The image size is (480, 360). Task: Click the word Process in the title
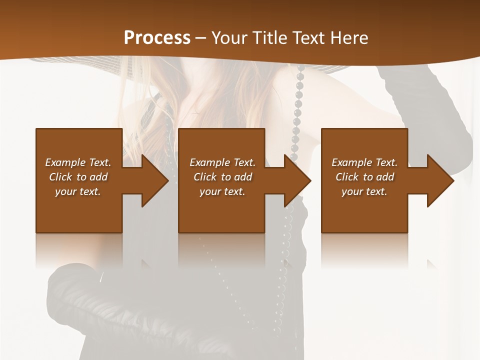[x=157, y=37]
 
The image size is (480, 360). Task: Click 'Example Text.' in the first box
[x=78, y=162]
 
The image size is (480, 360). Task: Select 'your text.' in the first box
[x=78, y=191]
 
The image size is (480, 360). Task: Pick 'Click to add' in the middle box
[x=222, y=177]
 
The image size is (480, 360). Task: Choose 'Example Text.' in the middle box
[x=222, y=162]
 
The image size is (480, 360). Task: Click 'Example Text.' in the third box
[x=364, y=162]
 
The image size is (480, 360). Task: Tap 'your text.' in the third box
[x=364, y=191]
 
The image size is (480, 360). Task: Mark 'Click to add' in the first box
[x=78, y=177]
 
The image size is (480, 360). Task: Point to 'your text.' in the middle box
[x=222, y=191]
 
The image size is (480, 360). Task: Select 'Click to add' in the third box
[x=364, y=177]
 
